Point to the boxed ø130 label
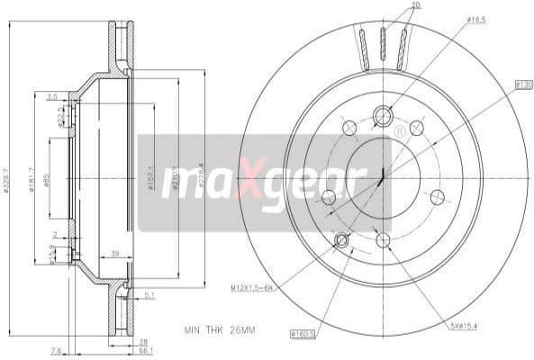[x=524, y=85]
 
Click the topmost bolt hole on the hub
[x=383, y=115]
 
